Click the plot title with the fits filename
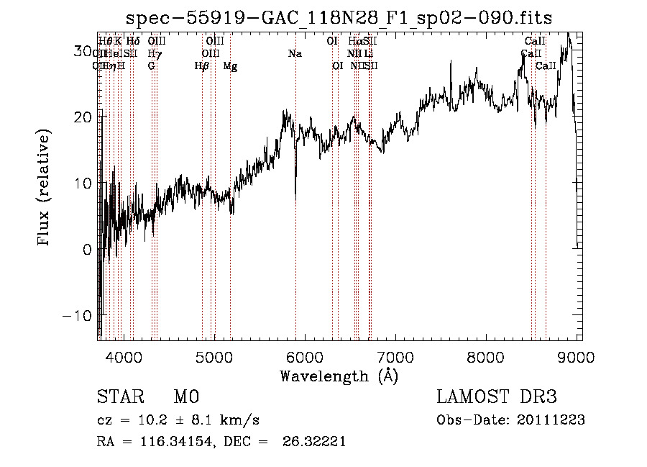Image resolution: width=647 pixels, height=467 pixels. click(339, 17)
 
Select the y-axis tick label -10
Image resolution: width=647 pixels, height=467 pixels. click(78, 316)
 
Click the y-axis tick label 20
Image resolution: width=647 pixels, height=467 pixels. click(83, 117)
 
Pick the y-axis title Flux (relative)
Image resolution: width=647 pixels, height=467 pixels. click(45, 187)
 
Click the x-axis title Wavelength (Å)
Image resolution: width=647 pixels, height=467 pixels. click(339, 376)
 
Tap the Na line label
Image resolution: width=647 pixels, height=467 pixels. click(295, 54)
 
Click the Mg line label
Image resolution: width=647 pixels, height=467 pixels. click(230, 66)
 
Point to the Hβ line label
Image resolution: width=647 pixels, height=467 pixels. click(202, 66)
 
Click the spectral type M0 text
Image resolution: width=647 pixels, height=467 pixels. click(186, 397)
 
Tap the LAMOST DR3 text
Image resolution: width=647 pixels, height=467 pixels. click(497, 397)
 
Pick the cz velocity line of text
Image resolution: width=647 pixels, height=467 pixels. click(178, 420)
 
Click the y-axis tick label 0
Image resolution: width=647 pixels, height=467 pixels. click(88, 250)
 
